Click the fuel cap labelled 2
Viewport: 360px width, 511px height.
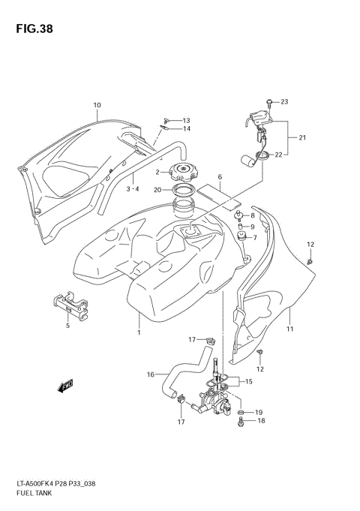coord(183,173)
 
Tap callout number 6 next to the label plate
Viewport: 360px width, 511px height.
coord(220,179)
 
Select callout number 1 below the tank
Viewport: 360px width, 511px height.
coord(139,331)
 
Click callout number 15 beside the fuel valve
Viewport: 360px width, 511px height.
coord(250,382)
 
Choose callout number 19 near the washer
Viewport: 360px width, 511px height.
coord(259,413)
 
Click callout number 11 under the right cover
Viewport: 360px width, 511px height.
coord(289,329)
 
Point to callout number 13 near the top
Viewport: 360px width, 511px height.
coord(186,120)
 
